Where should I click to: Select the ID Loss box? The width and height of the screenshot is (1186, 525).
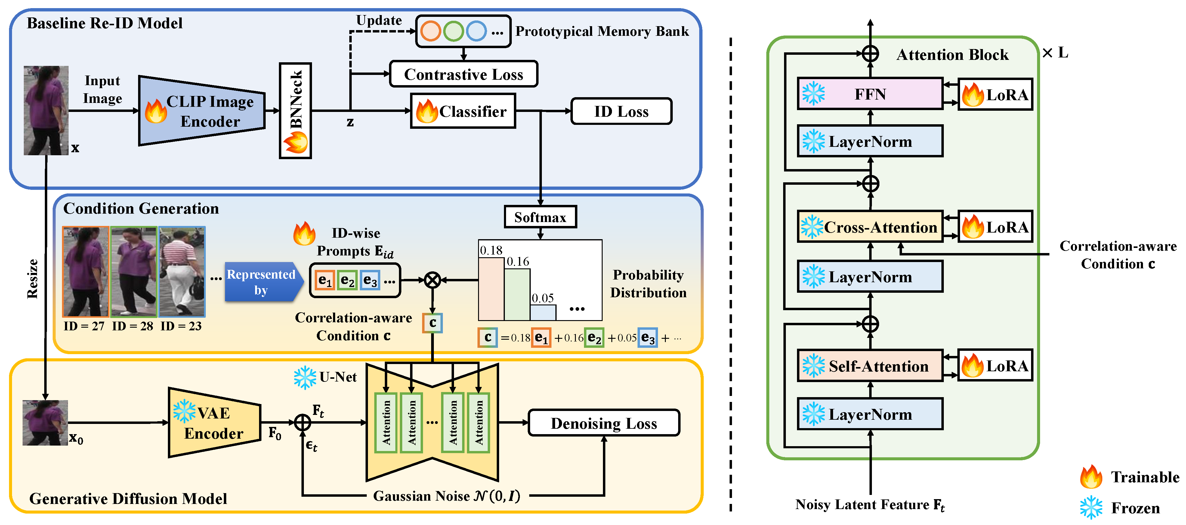[x=621, y=111]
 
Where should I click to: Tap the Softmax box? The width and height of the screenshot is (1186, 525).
[x=540, y=217]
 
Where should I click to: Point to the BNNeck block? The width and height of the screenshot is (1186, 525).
[x=295, y=110]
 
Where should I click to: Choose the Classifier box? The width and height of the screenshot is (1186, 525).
[x=463, y=111]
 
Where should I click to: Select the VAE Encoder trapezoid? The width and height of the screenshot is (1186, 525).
[x=214, y=423]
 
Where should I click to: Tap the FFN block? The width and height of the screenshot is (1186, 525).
[x=870, y=94]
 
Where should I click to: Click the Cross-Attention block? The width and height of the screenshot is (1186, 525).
[x=870, y=227]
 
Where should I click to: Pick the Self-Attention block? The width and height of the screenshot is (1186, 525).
[x=870, y=366]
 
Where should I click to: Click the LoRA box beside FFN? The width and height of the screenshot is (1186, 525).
[x=995, y=94]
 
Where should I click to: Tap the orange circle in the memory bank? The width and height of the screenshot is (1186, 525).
[x=431, y=31]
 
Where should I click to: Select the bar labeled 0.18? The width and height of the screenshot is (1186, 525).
[x=491, y=289]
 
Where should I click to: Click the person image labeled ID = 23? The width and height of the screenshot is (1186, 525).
[x=182, y=272]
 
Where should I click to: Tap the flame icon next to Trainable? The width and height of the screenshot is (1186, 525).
[x=1091, y=477]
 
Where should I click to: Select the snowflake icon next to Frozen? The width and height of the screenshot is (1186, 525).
[x=1091, y=508]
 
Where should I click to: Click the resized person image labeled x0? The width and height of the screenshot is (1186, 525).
[x=45, y=423]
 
